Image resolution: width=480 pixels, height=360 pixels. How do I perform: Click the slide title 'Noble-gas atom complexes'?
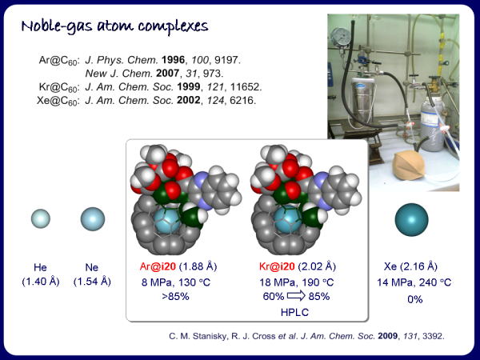(x=114, y=26)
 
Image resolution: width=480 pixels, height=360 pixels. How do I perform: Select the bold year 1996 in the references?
(x=174, y=60)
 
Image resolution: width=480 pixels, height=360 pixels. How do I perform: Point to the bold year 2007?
(x=167, y=73)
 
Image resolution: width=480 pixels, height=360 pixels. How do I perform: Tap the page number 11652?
(x=246, y=86)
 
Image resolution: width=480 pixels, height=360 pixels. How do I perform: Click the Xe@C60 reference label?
(x=58, y=101)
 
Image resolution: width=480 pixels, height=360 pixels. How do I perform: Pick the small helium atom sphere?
(x=41, y=218)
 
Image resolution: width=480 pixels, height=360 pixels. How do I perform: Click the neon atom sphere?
(x=93, y=219)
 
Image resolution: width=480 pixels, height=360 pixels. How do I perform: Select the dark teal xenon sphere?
(x=411, y=219)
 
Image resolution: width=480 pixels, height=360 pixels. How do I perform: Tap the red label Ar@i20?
(x=158, y=266)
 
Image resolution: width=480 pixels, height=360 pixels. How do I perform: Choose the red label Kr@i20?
(x=277, y=266)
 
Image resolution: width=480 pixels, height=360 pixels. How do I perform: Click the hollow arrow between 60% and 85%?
(x=296, y=296)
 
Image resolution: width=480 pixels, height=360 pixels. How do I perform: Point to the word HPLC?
(x=294, y=312)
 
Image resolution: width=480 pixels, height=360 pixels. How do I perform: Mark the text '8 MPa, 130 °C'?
(x=176, y=282)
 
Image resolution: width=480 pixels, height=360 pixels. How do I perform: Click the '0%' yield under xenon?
(x=414, y=298)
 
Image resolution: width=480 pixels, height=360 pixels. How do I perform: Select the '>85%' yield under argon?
(x=175, y=296)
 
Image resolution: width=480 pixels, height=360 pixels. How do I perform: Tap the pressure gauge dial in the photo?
(x=339, y=37)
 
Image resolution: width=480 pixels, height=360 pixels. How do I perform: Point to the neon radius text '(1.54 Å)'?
(x=92, y=282)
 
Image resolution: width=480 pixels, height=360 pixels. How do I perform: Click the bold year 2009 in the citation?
(x=387, y=336)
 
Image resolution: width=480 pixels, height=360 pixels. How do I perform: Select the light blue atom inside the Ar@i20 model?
(x=167, y=221)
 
